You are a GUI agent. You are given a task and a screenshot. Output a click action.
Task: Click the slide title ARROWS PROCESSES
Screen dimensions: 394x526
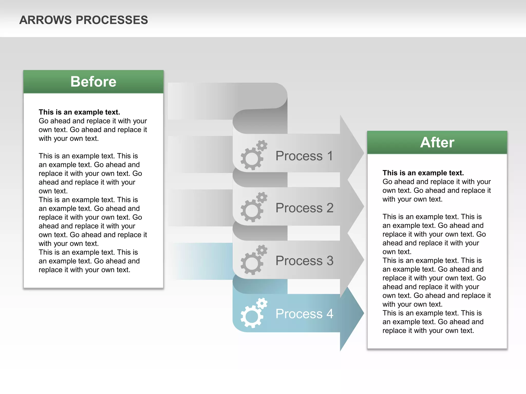pyautogui.click(x=83, y=20)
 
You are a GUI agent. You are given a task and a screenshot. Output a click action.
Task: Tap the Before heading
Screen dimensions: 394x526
pyautogui.click(x=93, y=82)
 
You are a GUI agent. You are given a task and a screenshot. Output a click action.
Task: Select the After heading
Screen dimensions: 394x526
pyautogui.click(x=437, y=142)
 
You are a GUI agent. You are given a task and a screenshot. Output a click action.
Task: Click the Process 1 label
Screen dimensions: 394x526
pyautogui.click(x=304, y=156)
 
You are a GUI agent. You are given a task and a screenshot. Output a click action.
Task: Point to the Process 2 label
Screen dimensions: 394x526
pyautogui.click(x=304, y=208)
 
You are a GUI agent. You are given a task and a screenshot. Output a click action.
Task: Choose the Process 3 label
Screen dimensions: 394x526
pyautogui.click(x=304, y=261)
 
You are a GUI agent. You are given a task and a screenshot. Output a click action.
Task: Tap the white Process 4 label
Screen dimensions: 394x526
pyautogui.click(x=304, y=313)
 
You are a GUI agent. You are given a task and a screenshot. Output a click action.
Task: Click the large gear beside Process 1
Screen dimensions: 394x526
pyautogui.click(x=252, y=159)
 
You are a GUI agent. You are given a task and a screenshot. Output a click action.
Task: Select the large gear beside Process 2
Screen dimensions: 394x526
pyautogui.click(x=252, y=211)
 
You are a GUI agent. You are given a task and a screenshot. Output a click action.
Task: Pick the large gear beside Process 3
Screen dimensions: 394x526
pyautogui.click(x=252, y=263)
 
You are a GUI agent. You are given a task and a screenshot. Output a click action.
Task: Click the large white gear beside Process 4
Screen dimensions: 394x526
pyautogui.click(x=252, y=316)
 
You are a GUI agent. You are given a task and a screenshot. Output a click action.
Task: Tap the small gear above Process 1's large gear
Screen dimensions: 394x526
pyautogui.click(x=262, y=145)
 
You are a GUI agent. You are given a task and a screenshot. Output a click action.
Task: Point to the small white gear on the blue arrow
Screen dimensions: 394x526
pyautogui.click(x=262, y=303)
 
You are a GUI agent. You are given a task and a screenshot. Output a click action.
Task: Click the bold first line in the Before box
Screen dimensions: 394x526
pyautogui.click(x=79, y=112)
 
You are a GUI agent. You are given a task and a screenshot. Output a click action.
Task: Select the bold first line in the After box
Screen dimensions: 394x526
pyautogui.click(x=423, y=173)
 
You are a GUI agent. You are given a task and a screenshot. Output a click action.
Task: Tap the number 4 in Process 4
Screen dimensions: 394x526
pyautogui.click(x=330, y=313)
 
